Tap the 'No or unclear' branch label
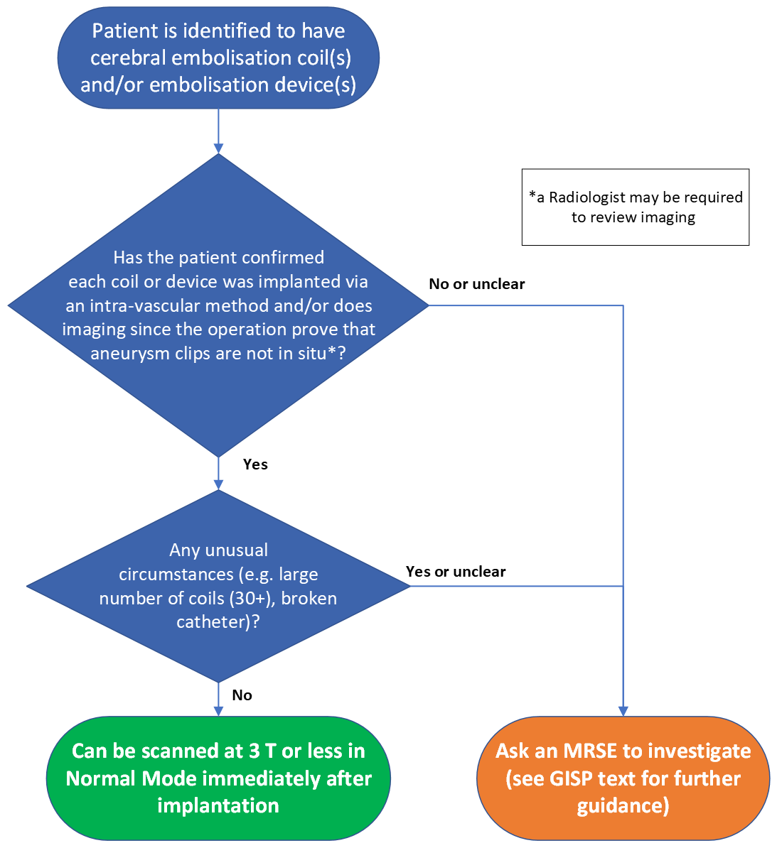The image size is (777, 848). coord(476,284)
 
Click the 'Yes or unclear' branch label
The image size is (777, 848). coord(456,572)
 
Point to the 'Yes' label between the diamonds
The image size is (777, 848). coord(255,464)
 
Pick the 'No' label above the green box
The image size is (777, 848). coord(242,695)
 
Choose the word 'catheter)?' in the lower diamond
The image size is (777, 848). coord(218,622)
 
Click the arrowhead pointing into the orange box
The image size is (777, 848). coord(623,711)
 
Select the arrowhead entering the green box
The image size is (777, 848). coord(218,711)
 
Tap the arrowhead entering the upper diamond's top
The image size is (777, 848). coord(218,148)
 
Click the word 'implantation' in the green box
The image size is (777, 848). coord(218,805)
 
